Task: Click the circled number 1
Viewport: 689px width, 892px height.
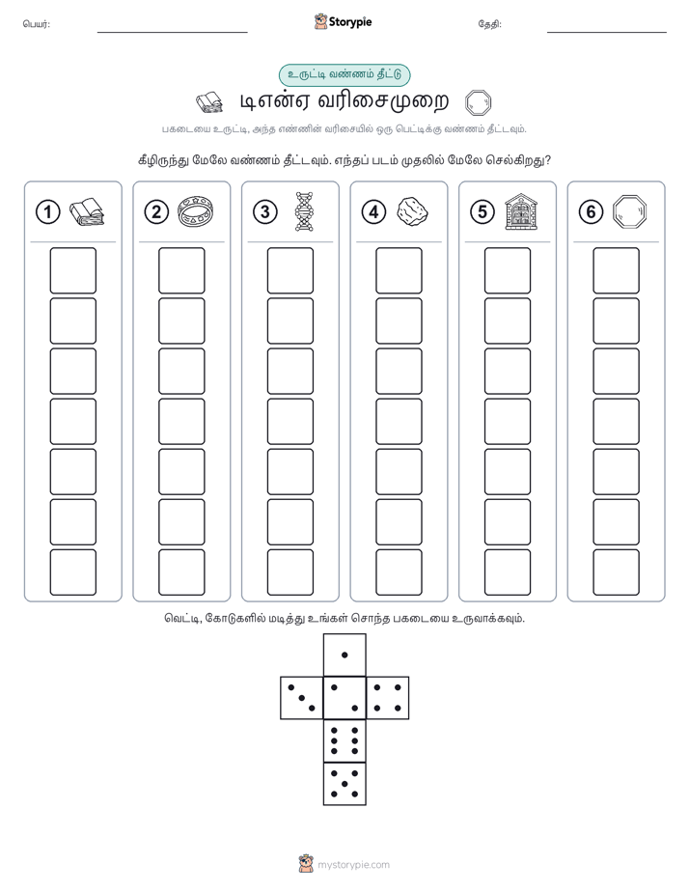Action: click(47, 212)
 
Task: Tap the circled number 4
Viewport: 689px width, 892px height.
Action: click(373, 212)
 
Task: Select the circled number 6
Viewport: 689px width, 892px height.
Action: click(591, 212)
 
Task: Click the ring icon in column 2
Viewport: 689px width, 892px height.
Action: click(196, 211)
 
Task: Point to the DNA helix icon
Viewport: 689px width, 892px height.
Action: click(304, 211)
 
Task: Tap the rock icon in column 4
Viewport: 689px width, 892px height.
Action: click(412, 211)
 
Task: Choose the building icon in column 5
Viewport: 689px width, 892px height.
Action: click(521, 211)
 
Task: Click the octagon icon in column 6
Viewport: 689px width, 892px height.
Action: click(630, 211)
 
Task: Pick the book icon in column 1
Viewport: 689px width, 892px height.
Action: click(87, 212)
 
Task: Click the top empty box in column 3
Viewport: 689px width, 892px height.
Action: click(289, 270)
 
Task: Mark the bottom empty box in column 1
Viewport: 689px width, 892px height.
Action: click(72, 572)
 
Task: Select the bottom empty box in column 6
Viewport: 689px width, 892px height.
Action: click(617, 572)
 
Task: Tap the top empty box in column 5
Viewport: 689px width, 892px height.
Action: click(508, 270)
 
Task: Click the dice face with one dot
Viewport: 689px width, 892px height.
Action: click(344, 655)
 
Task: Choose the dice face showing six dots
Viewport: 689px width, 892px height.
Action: click(344, 740)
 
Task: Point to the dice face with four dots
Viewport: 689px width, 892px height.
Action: click(388, 698)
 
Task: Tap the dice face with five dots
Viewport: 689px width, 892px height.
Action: click(344, 783)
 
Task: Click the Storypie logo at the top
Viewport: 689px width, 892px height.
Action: click(343, 22)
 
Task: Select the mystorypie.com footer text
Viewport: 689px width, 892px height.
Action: click(353, 865)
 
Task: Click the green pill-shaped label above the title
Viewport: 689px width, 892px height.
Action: click(344, 74)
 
